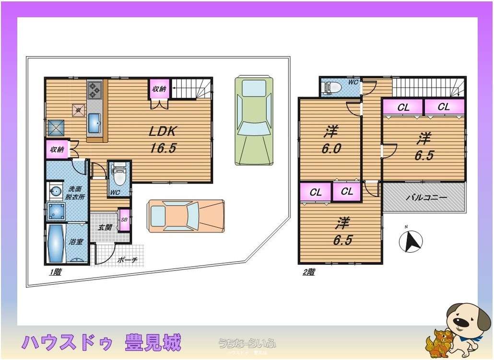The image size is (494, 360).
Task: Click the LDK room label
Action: coord(164,139)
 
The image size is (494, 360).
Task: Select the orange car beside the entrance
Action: coord(186,216)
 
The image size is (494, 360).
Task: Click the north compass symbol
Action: coord(411,242)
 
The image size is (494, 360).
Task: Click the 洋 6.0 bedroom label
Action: coord(331,139)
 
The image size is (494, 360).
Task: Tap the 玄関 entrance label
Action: coord(105,227)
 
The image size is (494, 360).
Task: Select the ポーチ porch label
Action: coord(128,260)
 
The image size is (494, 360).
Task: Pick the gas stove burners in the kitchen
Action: coord(94,89)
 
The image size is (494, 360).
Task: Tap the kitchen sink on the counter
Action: coord(94,125)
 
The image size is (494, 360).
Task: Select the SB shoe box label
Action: coord(124,220)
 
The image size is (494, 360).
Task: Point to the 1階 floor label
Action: coord(55,272)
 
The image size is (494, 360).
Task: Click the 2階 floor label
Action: coord(308,272)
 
